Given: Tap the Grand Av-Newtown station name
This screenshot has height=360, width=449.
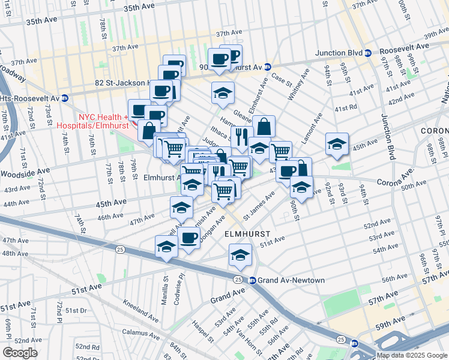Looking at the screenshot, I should [x=291, y=280].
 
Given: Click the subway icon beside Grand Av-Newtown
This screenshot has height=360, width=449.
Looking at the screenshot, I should [x=253, y=280].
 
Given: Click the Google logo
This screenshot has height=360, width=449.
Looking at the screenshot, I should [x=20, y=352].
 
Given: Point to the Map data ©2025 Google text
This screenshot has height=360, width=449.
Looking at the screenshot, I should [x=412, y=355].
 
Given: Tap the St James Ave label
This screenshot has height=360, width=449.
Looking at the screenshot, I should [x=259, y=202].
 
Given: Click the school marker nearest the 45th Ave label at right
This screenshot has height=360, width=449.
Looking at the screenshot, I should [x=337, y=143].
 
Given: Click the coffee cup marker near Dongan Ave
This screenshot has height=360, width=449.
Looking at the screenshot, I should [x=189, y=238].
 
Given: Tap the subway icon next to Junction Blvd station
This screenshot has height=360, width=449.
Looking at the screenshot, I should [x=369, y=53].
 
